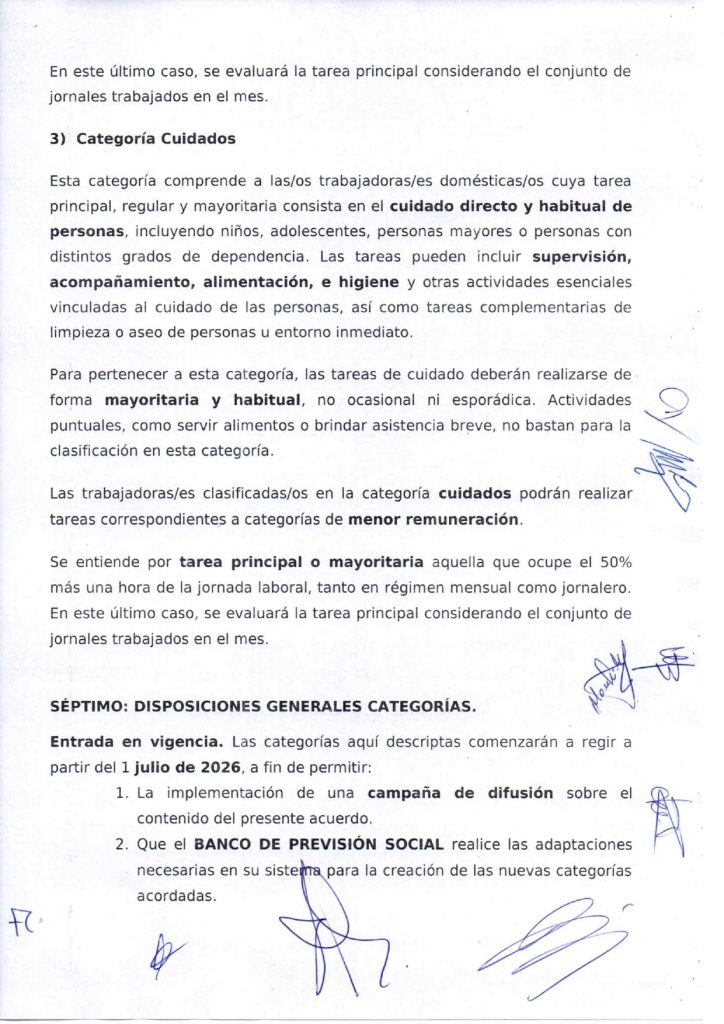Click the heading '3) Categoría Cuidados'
143,139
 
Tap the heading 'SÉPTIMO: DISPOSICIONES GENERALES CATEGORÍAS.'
263,705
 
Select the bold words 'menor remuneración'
434,520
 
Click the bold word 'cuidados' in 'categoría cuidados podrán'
470,495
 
